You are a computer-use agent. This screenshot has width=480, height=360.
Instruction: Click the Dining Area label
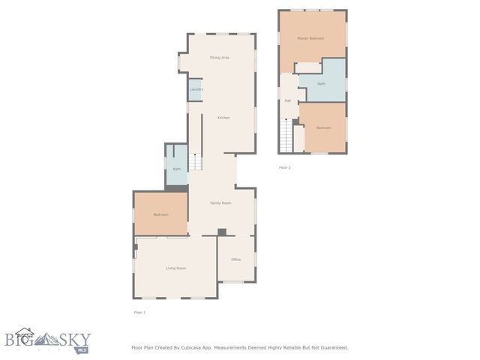tap(220, 57)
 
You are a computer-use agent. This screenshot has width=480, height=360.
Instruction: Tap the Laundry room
tap(196, 89)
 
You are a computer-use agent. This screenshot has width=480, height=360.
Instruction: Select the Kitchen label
tap(223, 118)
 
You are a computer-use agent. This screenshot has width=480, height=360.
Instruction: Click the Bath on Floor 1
tap(177, 169)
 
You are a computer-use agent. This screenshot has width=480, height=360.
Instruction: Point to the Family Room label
tap(220, 202)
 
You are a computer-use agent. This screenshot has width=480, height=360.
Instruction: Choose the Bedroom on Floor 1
tap(160, 214)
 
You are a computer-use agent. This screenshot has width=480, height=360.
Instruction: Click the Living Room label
tap(175, 268)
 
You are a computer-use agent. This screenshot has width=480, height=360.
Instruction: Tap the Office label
tap(235, 259)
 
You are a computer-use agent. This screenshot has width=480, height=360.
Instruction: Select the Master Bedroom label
tap(310, 38)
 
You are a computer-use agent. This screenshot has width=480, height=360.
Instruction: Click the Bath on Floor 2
tap(321, 83)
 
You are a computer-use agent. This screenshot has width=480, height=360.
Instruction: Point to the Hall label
tap(287, 100)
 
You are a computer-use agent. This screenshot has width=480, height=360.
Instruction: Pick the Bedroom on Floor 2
tap(323, 127)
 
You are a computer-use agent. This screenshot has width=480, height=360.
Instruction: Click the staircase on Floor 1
tap(195, 162)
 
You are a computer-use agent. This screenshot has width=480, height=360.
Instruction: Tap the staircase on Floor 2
tap(285, 135)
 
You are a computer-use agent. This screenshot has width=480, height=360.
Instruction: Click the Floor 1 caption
tap(139, 312)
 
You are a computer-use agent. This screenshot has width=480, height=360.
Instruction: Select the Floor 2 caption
tap(285, 167)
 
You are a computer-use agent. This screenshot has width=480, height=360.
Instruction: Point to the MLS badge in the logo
tap(82, 349)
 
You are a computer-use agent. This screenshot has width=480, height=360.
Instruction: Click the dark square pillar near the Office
tap(221, 232)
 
